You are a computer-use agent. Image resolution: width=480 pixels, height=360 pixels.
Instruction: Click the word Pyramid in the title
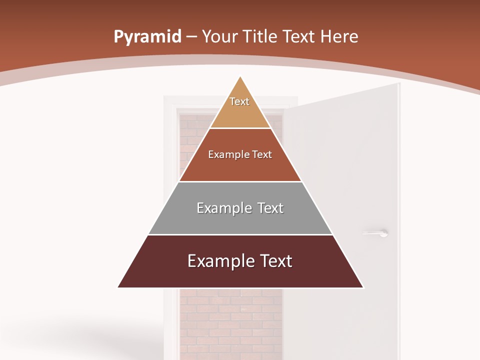(147, 37)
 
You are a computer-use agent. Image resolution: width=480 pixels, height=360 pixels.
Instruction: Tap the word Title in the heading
(260, 36)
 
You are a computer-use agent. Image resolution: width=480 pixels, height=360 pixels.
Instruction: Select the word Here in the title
(339, 36)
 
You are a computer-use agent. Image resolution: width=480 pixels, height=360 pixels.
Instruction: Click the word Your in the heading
(220, 36)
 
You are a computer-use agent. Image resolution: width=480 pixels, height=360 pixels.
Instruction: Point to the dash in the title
(191, 37)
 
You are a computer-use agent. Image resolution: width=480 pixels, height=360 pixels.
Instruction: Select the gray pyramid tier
(240, 220)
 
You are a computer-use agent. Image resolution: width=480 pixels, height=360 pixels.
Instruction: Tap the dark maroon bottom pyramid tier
(240, 275)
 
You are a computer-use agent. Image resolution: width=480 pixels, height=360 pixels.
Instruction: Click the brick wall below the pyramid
(230, 320)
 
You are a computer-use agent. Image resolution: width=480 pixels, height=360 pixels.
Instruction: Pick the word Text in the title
(298, 36)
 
